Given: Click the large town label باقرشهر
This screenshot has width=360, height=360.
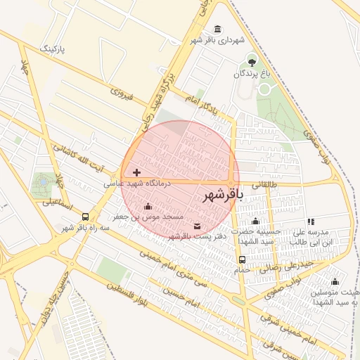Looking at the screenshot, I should [x=221, y=193].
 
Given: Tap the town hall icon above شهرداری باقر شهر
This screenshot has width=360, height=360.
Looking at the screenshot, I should [x=217, y=29].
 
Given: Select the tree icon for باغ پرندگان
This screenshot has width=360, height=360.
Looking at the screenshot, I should [x=252, y=63].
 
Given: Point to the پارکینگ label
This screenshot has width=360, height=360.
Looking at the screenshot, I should [x=53, y=49].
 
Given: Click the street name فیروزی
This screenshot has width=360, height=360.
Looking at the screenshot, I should [x=122, y=91].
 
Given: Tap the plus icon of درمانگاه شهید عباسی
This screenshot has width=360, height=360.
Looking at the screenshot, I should [x=136, y=172].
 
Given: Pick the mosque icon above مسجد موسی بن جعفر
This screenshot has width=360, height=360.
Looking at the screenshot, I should [x=148, y=207].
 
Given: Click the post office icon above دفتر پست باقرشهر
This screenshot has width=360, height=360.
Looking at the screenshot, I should [x=196, y=226].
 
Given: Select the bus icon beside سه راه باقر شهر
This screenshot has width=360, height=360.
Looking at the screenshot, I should [x=86, y=217].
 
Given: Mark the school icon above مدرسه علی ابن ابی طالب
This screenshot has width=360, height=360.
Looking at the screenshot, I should [x=311, y=221].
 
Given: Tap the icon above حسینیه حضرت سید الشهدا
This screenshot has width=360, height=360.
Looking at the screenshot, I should [x=255, y=221].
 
